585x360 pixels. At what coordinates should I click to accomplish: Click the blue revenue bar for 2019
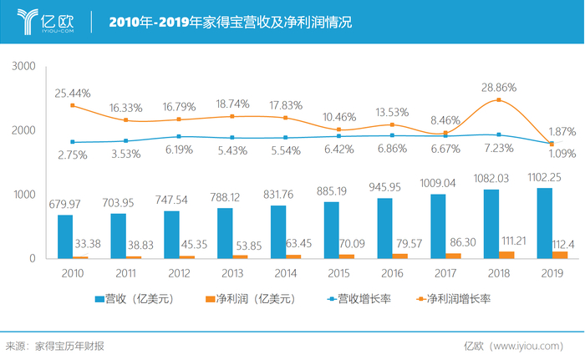pyautogui.click(x=545, y=223)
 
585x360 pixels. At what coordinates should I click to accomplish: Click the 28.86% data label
pyautogui.click(x=499, y=86)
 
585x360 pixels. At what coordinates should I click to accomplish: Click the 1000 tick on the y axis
pyautogui.click(x=24, y=195)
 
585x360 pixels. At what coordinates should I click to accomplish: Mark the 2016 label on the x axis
pyautogui.click(x=390, y=272)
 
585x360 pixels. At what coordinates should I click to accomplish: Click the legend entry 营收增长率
pyautogui.click(x=354, y=298)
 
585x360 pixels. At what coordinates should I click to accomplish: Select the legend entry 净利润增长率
pyautogui.click(x=455, y=298)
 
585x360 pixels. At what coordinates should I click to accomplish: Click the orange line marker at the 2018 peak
pyautogui.click(x=498, y=100)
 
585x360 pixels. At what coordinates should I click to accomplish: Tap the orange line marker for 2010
pyautogui.click(x=73, y=106)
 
